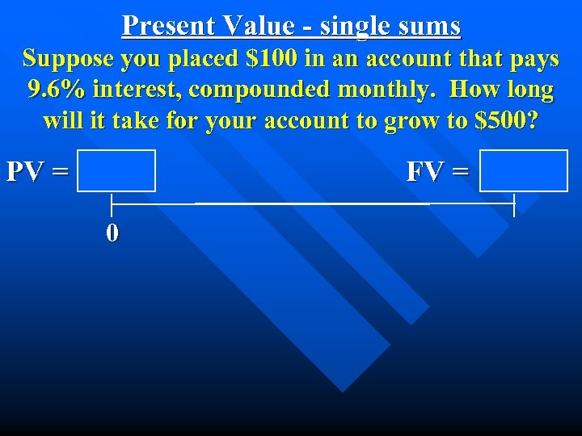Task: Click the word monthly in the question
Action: point(392,89)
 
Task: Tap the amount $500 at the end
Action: point(504,120)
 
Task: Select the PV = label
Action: point(36,171)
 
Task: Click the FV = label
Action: point(437,171)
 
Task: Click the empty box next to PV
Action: point(116,170)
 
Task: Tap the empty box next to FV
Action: point(524,170)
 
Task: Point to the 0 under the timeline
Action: point(112,233)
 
